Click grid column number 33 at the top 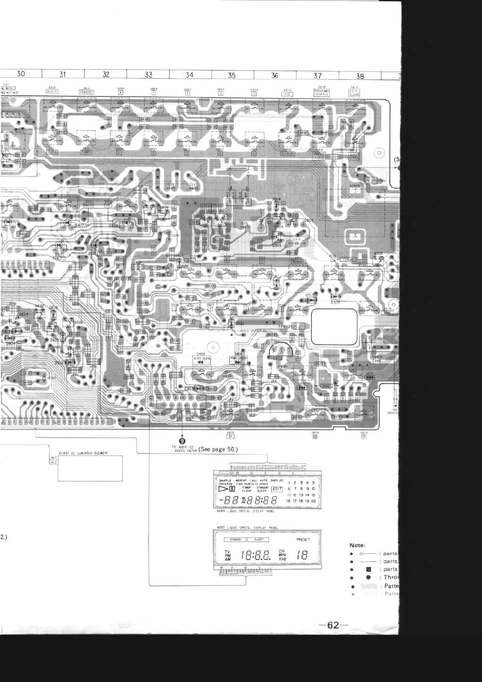pyautogui.click(x=149, y=75)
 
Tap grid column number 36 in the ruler pyautogui.click(x=275, y=75)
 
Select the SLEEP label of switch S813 pyautogui.click(x=52, y=92)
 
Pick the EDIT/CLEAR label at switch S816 pyautogui.click(x=354, y=93)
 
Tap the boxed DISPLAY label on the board pyautogui.click(x=288, y=154)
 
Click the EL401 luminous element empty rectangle pyautogui.click(x=90, y=468)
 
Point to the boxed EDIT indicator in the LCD pyautogui.click(x=277, y=489)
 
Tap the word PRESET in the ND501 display pyautogui.click(x=303, y=539)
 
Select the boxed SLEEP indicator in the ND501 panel pyautogui.click(x=258, y=539)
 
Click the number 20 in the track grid pyautogui.click(x=314, y=501)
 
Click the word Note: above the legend pyautogui.click(x=357, y=545)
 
